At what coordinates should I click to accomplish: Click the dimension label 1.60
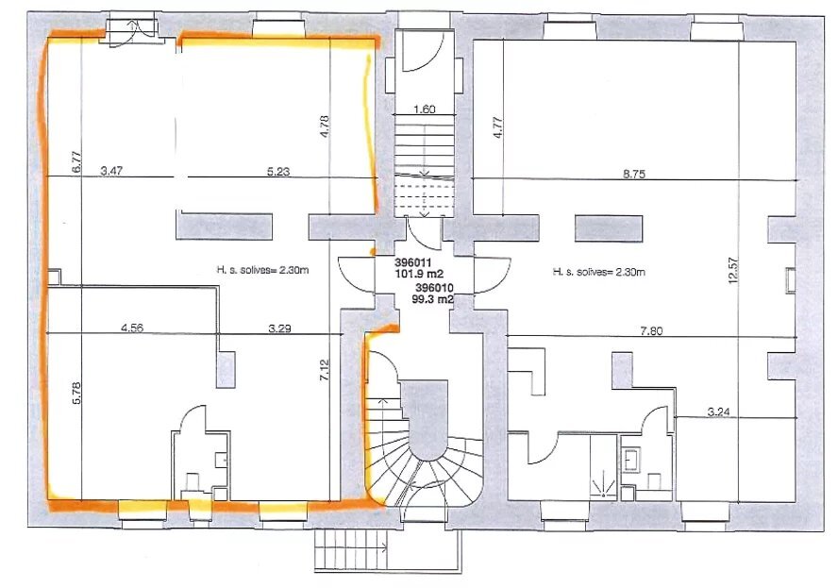(425, 109)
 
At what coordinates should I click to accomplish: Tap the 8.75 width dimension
(634, 174)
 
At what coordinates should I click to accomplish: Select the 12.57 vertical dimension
(733, 271)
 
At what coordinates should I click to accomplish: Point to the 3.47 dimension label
(111, 171)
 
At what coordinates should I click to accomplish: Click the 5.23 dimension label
(278, 171)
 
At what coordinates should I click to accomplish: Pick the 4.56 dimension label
(132, 328)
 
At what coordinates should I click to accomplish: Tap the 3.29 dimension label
(279, 328)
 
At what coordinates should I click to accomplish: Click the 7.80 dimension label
(651, 331)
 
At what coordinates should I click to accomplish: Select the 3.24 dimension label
(718, 412)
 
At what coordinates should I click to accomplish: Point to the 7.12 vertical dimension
(326, 371)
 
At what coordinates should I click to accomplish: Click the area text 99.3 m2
(433, 299)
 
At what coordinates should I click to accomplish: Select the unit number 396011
(413, 263)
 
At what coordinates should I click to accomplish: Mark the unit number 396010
(434, 288)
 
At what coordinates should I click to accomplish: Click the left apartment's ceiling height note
(262, 271)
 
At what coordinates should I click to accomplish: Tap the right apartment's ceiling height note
(598, 272)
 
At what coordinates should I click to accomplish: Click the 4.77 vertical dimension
(497, 127)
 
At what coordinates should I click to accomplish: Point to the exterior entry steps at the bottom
(351, 549)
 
